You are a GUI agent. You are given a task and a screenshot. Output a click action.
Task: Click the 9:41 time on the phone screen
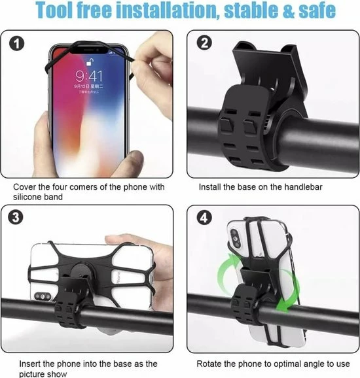[x=88, y=77]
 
